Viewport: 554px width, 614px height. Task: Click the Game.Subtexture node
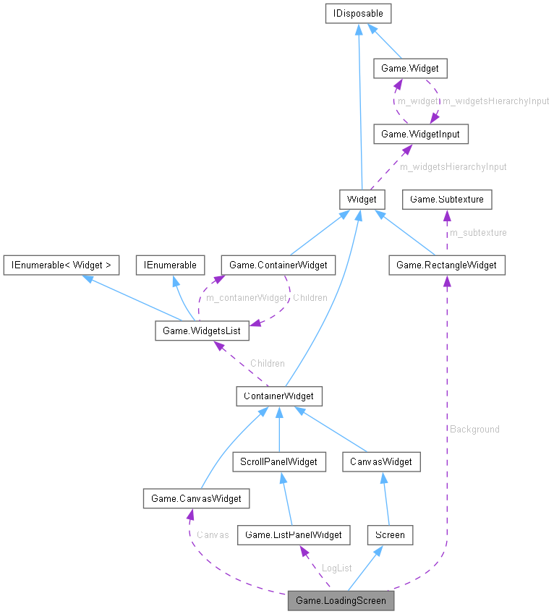(447, 198)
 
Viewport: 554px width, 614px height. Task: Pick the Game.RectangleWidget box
(446, 265)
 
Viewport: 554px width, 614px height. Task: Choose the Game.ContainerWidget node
(278, 265)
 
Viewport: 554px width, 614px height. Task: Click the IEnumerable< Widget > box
(61, 265)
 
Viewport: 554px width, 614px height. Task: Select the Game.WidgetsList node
(202, 331)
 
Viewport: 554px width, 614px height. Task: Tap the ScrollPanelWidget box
(278, 461)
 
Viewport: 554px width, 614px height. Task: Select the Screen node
(390, 534)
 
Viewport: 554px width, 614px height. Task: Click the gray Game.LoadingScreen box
(341, 600)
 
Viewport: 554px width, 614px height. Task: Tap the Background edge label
(474, 429)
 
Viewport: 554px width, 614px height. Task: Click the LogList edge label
(336, 568)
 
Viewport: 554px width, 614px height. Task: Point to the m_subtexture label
(478, 232)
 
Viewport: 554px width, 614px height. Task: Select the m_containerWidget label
(246, 297)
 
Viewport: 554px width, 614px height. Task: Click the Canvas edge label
(213, 535)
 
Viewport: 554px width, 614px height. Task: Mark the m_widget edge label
(418, 101)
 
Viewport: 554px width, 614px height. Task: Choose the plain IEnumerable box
(171, 265)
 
